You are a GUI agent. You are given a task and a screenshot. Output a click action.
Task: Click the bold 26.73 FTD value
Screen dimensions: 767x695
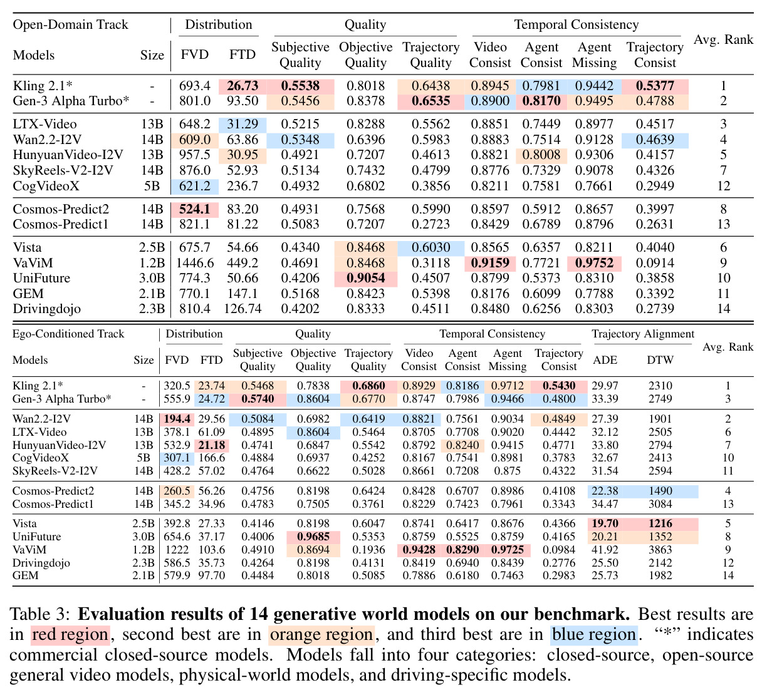click(x=243, y=86)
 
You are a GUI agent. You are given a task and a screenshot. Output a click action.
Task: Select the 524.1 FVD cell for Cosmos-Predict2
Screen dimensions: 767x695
click(x=195, y=209)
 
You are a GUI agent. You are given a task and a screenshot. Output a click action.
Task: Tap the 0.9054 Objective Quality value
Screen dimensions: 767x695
click(x=365, y=278)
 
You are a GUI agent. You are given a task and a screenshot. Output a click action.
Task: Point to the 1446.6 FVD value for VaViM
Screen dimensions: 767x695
click(x=195, y=263)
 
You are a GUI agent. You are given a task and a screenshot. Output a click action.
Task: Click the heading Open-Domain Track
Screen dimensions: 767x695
click(x=70, y=24)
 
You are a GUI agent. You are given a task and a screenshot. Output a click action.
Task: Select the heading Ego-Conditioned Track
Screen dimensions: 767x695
click(x=68, y=334)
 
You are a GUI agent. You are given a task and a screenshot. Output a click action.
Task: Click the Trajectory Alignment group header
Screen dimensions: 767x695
click(x=643, y=334)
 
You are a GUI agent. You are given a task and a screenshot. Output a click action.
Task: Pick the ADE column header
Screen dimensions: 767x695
click(x=605, y=359)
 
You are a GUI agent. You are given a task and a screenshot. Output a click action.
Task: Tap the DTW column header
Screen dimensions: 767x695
click(x=660, y=359)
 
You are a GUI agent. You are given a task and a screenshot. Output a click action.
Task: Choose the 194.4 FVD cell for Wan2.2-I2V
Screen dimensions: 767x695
click(x=177, y=419)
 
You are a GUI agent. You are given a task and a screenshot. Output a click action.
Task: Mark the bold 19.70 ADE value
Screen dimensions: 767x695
click(x=605, y=523)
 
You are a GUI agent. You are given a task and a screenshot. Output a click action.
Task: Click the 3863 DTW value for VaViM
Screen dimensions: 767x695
click(x=660, y=550)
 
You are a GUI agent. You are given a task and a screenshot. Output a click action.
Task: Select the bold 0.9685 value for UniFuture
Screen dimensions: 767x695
click(x=313, y=537)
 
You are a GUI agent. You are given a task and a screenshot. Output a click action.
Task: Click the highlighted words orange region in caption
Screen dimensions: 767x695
click(x=321, y=635)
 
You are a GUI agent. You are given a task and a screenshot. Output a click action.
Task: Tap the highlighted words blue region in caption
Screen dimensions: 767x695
click(x=594, y=635)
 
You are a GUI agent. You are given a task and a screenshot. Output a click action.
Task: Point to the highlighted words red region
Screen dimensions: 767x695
click(x=70, y=635)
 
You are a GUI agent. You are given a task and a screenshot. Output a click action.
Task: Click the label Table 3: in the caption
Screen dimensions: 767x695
click(x=39, y=614)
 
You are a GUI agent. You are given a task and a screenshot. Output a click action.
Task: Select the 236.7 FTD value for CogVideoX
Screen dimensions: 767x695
click(x=243, y=186)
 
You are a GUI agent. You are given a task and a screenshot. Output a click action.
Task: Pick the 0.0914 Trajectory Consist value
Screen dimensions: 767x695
click(x=655, y=263)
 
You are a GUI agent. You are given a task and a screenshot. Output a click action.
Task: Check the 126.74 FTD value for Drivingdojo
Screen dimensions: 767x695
click(x=243, y=308)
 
